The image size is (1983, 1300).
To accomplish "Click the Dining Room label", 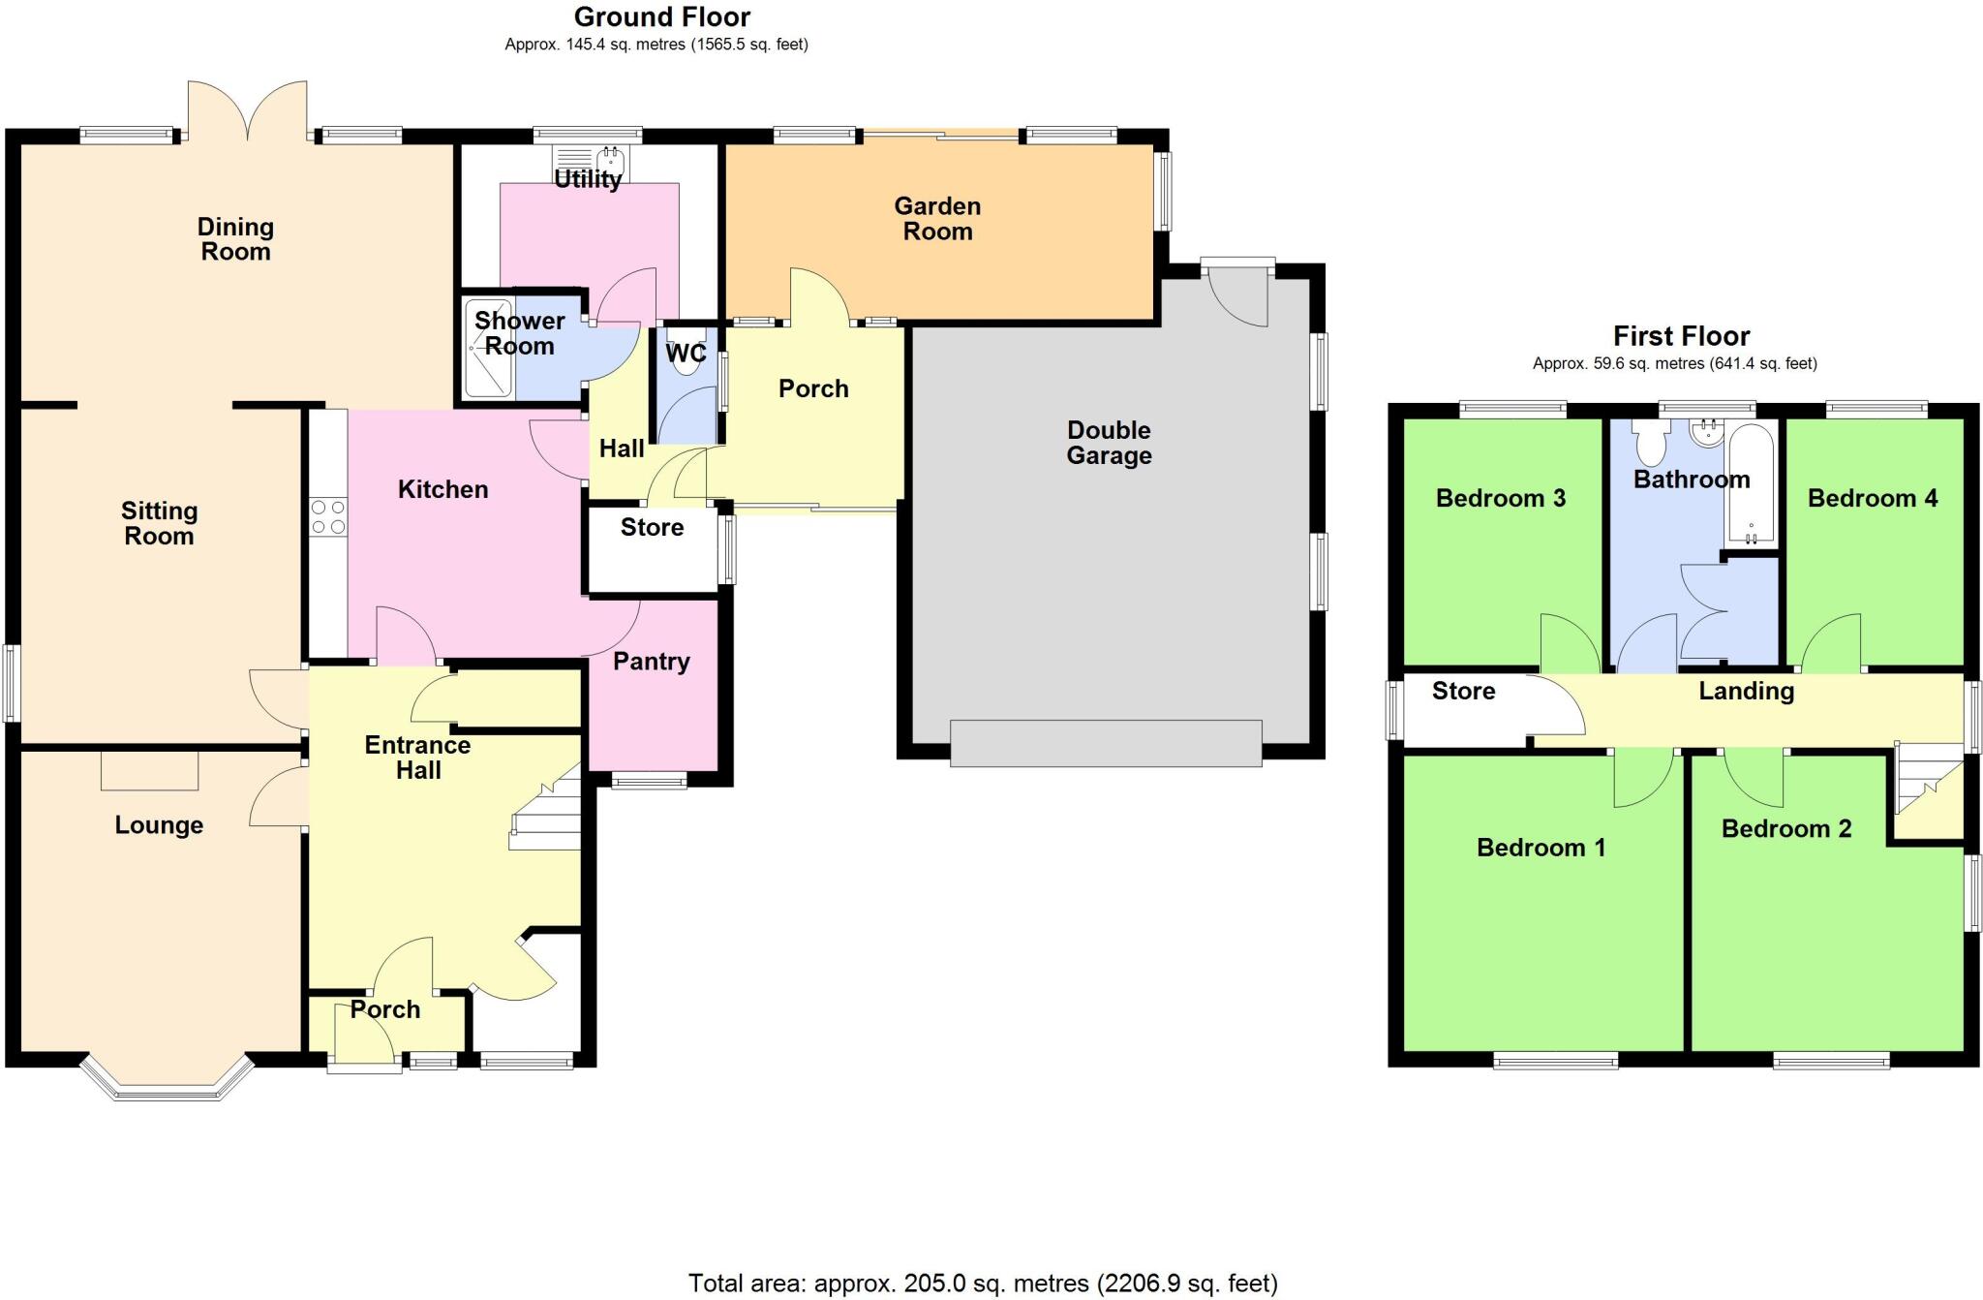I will click(x=235, y=239).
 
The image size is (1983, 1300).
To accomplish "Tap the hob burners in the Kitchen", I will click(x=328, y=516).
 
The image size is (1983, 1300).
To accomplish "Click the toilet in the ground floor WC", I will click(x=687, y=356).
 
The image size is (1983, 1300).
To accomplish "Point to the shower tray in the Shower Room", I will click(x=488, y=350).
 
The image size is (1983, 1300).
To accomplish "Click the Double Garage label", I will click(x=1109, y=443).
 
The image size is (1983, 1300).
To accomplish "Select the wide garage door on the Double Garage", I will click(x=1106, y=743).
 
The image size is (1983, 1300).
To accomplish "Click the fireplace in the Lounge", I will click(x=150, y=770).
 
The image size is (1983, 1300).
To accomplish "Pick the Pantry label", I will click(x=651, y=662).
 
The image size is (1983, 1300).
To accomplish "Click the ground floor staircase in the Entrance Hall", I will click(x=548, y=814).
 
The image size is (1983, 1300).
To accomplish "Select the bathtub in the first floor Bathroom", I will click(x=1751, y=482).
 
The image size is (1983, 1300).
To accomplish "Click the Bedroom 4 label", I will click(x=1872, y=498).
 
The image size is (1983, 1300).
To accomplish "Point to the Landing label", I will click(x=1746, y=691).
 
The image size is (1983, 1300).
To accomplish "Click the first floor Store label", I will click(x=1463, y=691).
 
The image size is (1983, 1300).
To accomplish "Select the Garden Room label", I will click(x=936, y=219).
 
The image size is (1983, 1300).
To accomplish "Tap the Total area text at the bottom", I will click(x=982, y=1284).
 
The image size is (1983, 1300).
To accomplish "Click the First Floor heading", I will click(x=1681, y=336).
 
